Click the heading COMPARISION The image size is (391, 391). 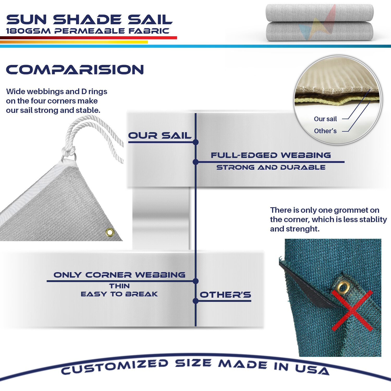(x=75, y=70)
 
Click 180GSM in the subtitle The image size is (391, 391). (x=28, y=31)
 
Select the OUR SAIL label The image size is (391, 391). (x=160, y=136)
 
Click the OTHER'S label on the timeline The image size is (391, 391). (x=225, y=295)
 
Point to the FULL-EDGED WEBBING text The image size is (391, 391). (x=271, y=155)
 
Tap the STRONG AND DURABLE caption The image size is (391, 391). (x=271, y=167)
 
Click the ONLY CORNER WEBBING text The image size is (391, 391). (x=119, y=275)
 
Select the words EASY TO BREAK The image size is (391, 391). (x=119, y=294)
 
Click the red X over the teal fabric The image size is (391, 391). (x=352, y=310)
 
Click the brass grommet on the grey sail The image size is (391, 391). (x=110, y=232)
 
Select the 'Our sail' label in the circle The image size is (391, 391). (x=325, y=119)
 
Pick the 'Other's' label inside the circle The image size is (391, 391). (x=325, y=131)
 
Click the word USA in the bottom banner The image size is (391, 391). (x=312, y=369)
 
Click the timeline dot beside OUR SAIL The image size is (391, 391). (x=196, y=142)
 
